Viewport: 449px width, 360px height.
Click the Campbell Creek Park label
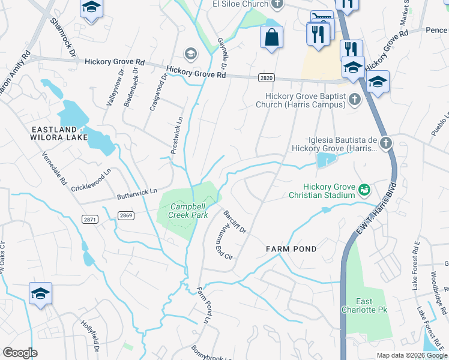tap(184, 211)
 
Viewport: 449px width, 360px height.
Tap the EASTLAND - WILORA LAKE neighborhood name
tap(58, 134)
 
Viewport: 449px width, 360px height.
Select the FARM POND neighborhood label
tap(291, 248)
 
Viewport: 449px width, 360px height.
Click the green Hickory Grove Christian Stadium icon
tap(364, 190)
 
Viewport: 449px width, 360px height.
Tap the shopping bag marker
tap(271, 37)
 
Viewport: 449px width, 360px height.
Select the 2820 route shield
tap(267, 78)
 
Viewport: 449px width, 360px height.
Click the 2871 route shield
tap(91, 220)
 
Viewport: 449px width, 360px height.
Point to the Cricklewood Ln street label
tap(91, 179)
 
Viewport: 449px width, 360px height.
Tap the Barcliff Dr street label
tap(235, 221)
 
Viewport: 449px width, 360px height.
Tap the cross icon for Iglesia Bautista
tap(385, 143)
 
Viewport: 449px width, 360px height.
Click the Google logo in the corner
tap(20, 353)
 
